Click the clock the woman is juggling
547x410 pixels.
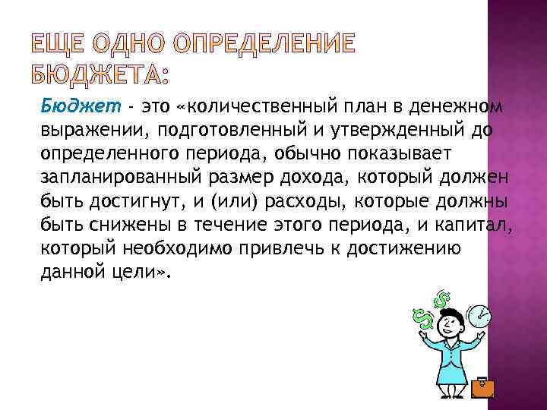click(479, 314)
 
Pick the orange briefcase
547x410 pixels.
click(482, 388)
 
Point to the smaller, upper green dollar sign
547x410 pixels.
click(440, 298)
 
